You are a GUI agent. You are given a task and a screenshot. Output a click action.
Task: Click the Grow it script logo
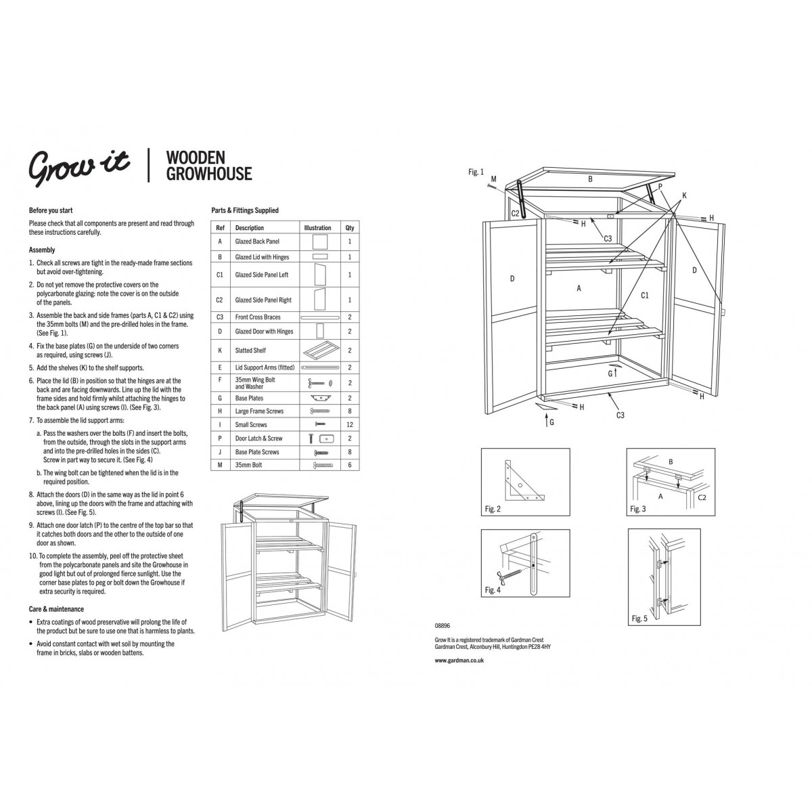point(79,167)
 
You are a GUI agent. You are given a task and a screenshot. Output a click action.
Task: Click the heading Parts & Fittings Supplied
point(245,210)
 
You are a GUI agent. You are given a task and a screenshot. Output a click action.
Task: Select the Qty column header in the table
point(350,227)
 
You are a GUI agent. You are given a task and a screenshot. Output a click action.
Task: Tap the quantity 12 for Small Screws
point(350,424)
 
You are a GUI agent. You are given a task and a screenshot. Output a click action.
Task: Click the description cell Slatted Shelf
point(250,350)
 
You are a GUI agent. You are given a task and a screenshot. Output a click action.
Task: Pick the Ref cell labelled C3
point(219,317)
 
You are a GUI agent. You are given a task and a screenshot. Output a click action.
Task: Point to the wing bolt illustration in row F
point(320,383)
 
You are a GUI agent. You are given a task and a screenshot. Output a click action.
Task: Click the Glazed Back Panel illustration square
point(320,242)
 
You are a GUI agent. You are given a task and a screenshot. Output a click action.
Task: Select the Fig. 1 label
point(476,172)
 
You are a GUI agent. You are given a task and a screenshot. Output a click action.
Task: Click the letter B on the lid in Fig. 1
point(590,179)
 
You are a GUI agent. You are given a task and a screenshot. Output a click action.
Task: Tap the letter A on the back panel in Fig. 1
point(579,288)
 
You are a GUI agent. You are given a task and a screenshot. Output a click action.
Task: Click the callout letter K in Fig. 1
point(684,196)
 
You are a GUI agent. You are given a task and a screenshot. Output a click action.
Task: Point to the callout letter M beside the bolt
point(494,179)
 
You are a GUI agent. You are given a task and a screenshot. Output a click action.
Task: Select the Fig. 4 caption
point(493,590)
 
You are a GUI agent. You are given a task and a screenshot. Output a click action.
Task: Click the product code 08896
point(443,626)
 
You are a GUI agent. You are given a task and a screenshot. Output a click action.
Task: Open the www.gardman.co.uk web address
point(459,660)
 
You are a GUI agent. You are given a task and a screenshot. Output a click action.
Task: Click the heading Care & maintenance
point(56,609)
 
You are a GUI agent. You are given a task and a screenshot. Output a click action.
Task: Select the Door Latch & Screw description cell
point(258,438)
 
